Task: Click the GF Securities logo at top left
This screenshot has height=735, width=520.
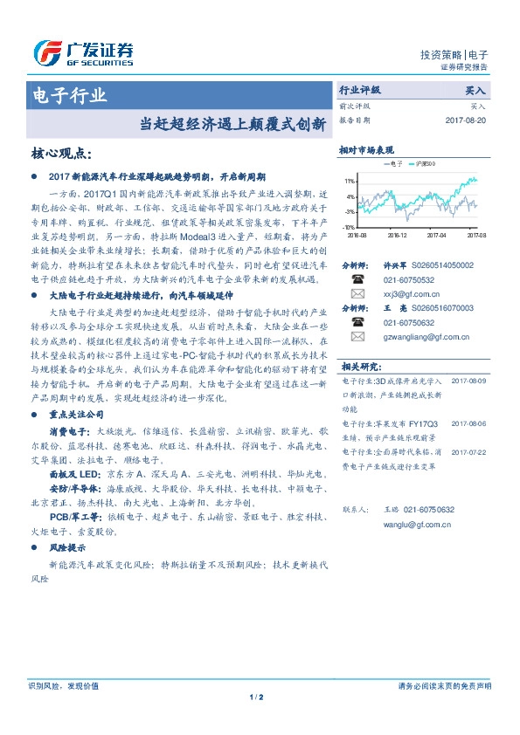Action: tap(83, 52)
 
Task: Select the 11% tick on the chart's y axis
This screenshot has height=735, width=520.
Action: tap(350, 180)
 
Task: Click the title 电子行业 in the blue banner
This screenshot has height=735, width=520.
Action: tap(69, 94)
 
